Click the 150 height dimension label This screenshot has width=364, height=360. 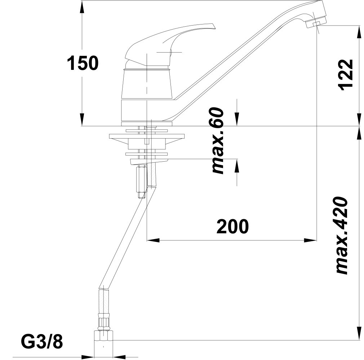[83, 63]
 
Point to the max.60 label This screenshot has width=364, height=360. [218, 141]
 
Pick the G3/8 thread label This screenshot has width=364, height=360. [42, 341]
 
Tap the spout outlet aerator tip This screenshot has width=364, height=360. [316, 23]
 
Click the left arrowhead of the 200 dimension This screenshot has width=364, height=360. [153, 240]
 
